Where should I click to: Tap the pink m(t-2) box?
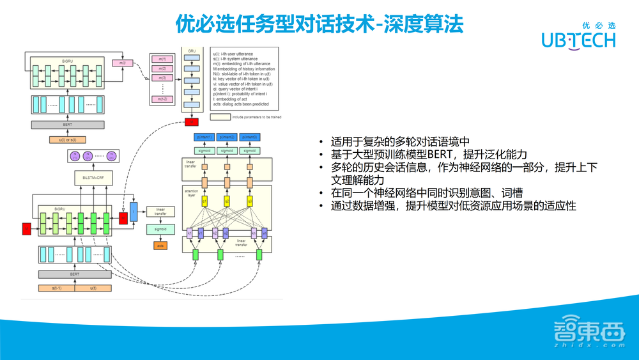coord(162,98)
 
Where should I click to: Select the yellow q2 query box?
coord(227,202)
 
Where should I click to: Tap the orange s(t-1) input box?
coord(57,288)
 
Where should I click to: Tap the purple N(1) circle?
coord(73,155)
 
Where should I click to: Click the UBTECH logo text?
coord(578,40)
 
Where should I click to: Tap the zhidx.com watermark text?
coord(587,345)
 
